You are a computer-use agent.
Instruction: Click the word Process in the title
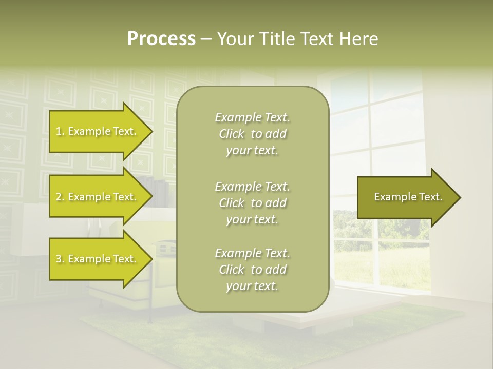pyautogui.click(x=161, y=39)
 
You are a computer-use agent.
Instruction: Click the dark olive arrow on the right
pyautogui.click(x=406, y=197)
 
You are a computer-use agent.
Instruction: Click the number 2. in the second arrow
pyautogui.click(x=60, y=197)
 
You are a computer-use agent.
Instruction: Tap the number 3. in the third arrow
pyautogui.click(x=60, y=259)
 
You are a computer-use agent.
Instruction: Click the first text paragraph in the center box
pyautogui.click(x=252, y=134)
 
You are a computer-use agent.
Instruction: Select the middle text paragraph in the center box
pyautogui.click(x=252, y=202)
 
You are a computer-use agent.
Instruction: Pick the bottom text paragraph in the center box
pyautogui.click(x=252, y=270)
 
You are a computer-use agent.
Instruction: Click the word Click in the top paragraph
pyautogui.click(x=232, y=134)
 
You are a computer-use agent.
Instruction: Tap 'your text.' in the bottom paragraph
pyautogui.click(x=252, y=286)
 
